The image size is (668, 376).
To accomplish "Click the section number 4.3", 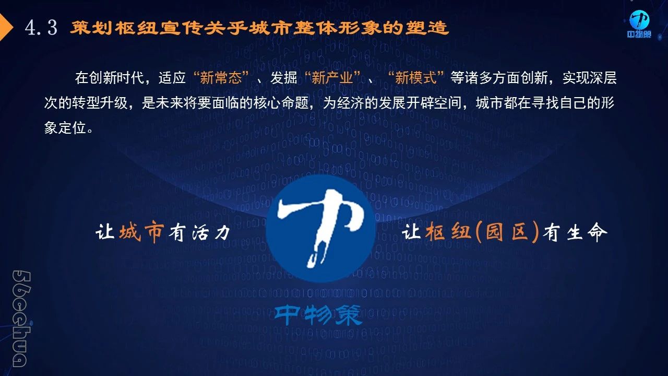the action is pos(41,28).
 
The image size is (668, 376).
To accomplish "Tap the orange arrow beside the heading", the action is pos(6,27).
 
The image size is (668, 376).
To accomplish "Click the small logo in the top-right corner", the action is pos(639,24).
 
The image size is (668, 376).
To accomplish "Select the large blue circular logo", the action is pos(321,229).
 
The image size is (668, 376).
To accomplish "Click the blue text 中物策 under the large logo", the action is pos(318,315).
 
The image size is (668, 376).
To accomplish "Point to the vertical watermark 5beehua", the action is pos(21,319).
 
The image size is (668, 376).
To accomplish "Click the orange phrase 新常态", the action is pos(221,78).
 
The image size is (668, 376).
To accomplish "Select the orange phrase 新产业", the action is pos(332,78).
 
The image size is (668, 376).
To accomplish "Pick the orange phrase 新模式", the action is pos(416,78).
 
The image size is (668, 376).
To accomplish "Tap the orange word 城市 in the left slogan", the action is pos(141,231).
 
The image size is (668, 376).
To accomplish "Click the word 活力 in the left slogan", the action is pos(211,232).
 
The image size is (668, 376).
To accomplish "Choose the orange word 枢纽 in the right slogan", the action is pos(448,231).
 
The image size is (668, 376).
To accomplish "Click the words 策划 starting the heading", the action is pos(91,28).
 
